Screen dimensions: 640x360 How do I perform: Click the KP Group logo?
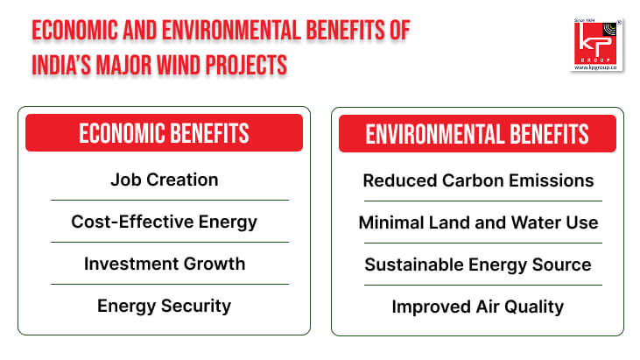click(597, 45)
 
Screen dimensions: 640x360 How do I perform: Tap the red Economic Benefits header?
click(164, 132)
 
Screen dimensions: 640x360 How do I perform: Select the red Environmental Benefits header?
click(477, 133)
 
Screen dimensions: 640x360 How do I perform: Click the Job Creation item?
click(165, 180)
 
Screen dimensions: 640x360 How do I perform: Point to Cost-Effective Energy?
click(164, 222)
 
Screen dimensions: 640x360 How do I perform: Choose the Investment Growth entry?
click(165, 264)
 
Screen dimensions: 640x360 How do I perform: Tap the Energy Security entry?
click(164, 306)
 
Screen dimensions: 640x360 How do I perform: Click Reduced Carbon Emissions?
click(478, 180)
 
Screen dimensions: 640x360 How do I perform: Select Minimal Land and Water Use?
click(478, 222)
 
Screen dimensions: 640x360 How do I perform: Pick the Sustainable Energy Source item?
click(478, 265)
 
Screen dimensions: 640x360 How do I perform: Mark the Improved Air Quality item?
click(477, 307)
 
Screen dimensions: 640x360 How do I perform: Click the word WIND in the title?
click(178, 66)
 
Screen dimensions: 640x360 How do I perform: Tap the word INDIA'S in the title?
click(61, 66)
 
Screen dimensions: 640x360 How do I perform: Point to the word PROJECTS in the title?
click(246, 66)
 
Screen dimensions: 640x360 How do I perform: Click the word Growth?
click(215, 264)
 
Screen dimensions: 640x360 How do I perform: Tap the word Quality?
click(534, 307)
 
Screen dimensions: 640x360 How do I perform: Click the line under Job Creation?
click(170, 200)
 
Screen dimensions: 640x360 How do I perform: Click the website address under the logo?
click(595, 67)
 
